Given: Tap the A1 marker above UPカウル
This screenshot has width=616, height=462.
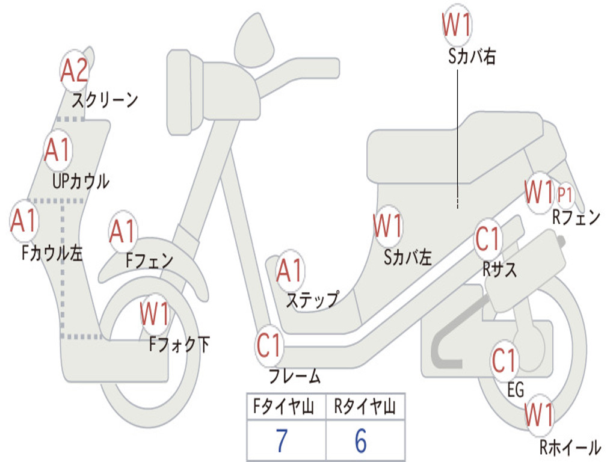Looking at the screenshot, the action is (58, 150).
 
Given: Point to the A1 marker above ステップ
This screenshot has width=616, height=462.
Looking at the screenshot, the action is (290, 272).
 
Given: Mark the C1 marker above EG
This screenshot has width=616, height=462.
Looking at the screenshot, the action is (505, 361).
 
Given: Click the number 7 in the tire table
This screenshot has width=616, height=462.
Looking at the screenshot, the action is (282, 442).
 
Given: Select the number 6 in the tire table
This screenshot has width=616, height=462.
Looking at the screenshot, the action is (360, 442).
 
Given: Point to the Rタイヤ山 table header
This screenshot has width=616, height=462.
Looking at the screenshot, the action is (365, 408).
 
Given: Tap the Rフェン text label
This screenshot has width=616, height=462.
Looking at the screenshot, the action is (576, 218).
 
